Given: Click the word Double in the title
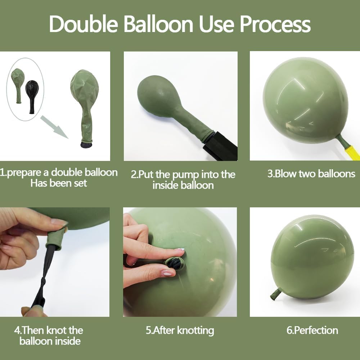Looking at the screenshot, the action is tap(84, 24).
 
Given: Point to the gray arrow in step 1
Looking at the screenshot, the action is tap(54, 127).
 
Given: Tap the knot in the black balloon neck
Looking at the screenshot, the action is tap(44, 281).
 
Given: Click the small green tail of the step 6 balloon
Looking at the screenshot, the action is tap(275, 293).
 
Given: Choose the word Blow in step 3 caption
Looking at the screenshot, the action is tap(284, 174).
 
